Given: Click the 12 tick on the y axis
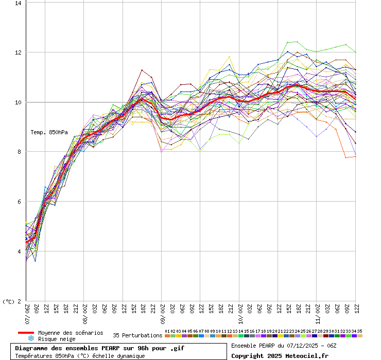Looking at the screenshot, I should point(18,52).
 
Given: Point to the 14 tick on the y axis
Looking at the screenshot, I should point(18,3).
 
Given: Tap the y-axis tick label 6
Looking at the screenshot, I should point(20,202).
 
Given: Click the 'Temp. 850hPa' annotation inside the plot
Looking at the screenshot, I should point(49,132).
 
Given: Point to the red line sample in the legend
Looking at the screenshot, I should point(26,333).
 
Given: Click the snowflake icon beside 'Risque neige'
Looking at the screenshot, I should point(30,339).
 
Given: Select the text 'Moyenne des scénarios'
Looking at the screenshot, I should point(71,333).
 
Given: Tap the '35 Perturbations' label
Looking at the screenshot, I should point(137,335).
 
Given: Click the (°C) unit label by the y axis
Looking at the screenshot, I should point(9,302).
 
